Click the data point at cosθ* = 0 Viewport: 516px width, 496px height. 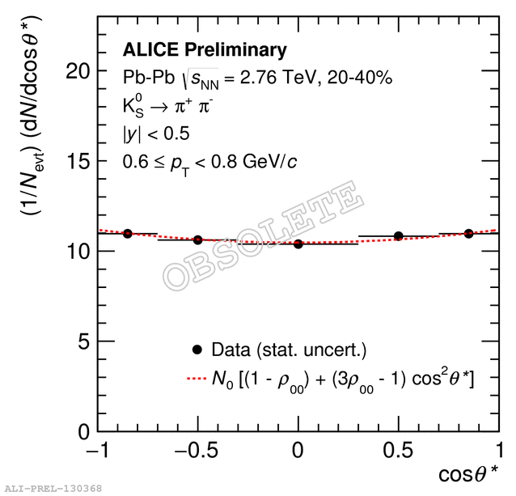coord(298,244)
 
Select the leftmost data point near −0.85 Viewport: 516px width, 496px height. coord(128,233)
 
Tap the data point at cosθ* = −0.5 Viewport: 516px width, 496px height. coord(198,240)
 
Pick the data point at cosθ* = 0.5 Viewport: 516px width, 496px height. coord(398,236)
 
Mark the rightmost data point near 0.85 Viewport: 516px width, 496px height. coord(469,233)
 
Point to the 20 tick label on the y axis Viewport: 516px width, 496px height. coord(77,70)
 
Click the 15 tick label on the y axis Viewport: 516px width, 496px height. coord(77,161)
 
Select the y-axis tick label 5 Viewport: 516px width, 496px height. coord(82,341)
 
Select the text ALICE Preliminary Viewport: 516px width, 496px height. coord(205,50)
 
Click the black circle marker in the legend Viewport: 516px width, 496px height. coord(196,350)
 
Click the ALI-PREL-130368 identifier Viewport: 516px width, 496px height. coord(53,489)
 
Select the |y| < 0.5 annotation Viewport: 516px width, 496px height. coord(156,134)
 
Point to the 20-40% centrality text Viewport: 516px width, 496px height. coord(363,78)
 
